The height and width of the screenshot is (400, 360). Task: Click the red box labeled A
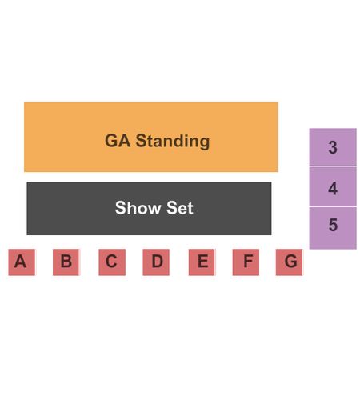(22, 262)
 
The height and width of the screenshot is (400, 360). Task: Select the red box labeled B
(66, 262)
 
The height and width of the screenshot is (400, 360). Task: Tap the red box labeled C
(112, 262)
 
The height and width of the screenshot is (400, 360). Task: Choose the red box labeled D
(156, 262)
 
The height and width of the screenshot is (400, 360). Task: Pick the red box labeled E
(202, 262)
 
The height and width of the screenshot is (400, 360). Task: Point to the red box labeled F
(246, 262)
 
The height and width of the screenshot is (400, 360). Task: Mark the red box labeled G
(289, 262)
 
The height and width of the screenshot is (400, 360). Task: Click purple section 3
(333, 147)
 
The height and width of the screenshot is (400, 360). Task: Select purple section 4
(333, 186)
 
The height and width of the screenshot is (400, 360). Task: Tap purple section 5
(333, 228)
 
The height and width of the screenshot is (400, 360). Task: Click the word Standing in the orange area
(173, 142)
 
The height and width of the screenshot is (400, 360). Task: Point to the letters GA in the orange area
(118, 141)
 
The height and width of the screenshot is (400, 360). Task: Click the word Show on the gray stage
(138, 208)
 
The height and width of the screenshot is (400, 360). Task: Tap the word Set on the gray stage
(180, 208)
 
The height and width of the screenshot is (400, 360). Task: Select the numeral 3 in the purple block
(333, 147)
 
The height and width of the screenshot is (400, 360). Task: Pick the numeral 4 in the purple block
(333, 188)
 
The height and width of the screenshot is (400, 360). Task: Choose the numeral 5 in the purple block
(333, 225)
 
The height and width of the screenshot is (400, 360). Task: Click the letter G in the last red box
(290, 261)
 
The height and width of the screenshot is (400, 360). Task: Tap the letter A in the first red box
(20, 261)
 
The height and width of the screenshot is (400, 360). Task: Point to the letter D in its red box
(158, 261)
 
